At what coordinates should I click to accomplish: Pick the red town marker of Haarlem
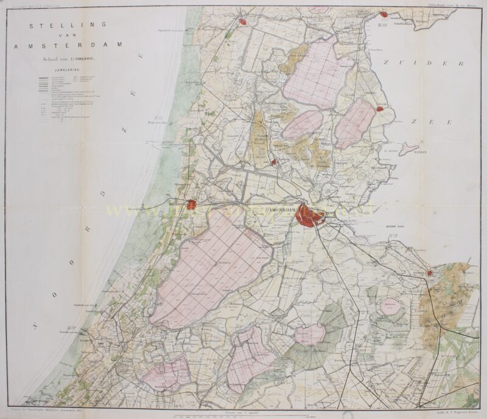click(x=192, y=205)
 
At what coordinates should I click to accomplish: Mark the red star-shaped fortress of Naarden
click(x=430, y=273)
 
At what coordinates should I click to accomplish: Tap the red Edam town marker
click(x=380, y=109)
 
